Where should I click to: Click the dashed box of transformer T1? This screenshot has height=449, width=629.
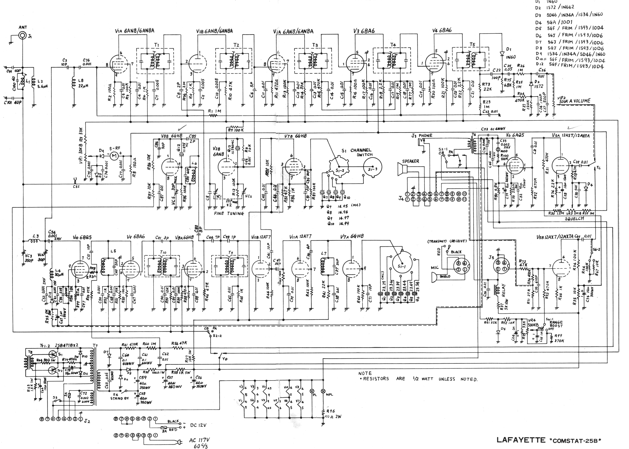[155, 61]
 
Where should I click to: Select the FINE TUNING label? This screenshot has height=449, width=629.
[229, 213]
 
